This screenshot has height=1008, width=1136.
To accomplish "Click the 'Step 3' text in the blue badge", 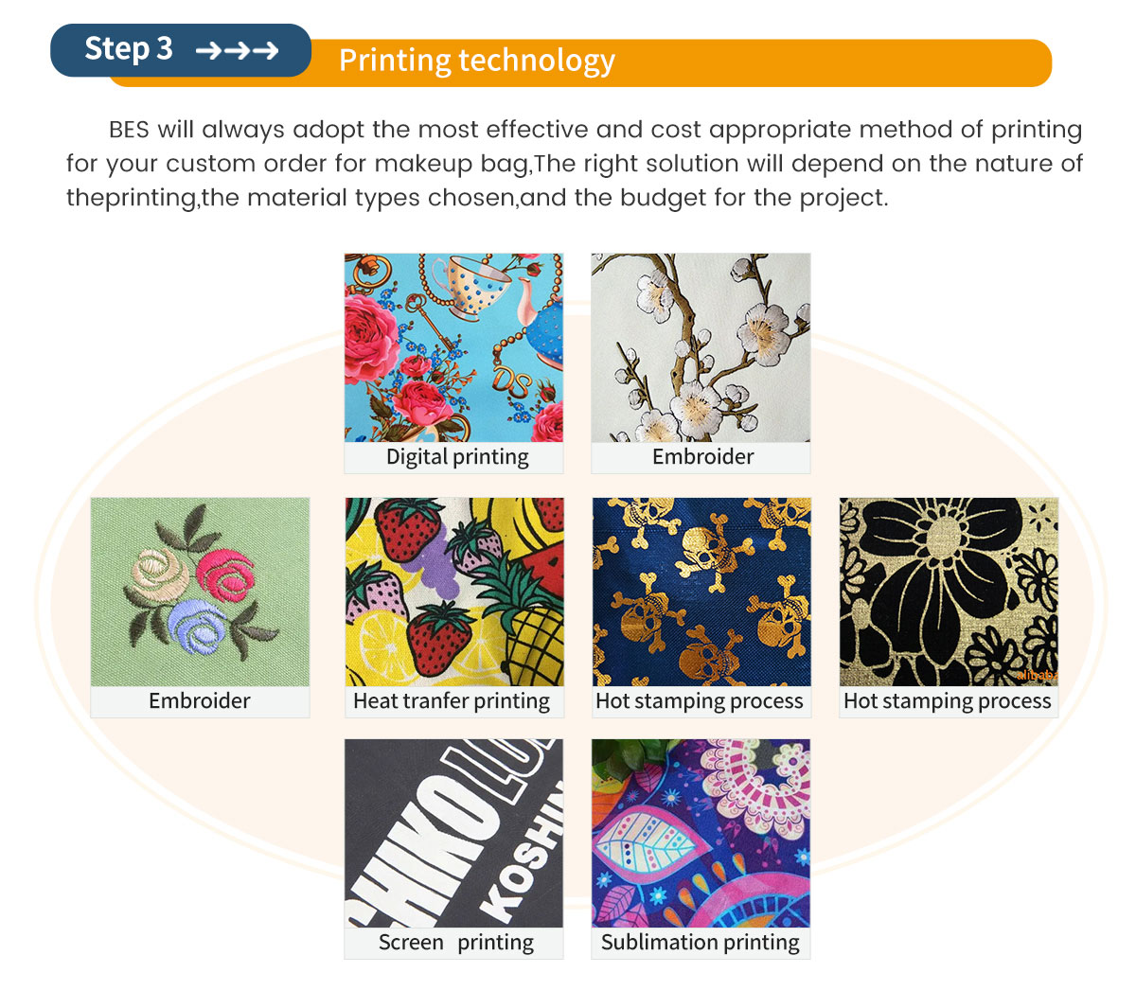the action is point(129,49).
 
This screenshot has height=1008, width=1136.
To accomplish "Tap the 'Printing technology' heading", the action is point(476,61).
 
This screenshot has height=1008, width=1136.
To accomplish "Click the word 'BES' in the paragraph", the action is point(129,130).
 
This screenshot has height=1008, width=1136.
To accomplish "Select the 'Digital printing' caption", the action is point(457,457).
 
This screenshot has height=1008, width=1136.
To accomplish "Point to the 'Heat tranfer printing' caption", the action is point(452,700).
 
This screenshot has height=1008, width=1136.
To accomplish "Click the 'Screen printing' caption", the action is point(456,943).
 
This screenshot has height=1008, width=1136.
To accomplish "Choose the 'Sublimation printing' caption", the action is point(700,943).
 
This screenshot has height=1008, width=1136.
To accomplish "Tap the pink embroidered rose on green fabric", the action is point(225,575).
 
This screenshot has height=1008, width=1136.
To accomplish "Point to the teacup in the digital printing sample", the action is point(470,286).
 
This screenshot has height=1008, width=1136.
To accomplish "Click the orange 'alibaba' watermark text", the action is point(1037,675).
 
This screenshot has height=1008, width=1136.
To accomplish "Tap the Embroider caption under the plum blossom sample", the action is point(702,457).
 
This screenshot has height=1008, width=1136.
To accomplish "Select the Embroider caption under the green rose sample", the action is point(199,700).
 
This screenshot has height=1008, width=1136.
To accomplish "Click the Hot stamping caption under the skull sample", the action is point(700,700).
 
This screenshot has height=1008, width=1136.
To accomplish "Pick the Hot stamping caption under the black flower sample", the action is point(947,700).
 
